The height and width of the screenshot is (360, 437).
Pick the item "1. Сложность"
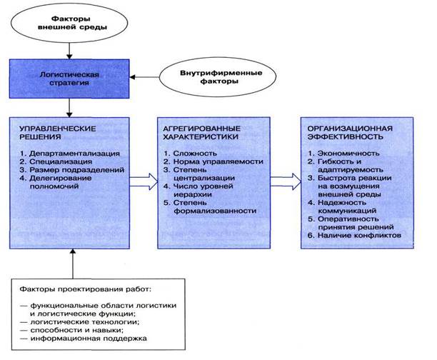pyautogui.click(x=190, y=152)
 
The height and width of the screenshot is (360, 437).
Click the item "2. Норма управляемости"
pyautogui.click(x=208, y=161)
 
